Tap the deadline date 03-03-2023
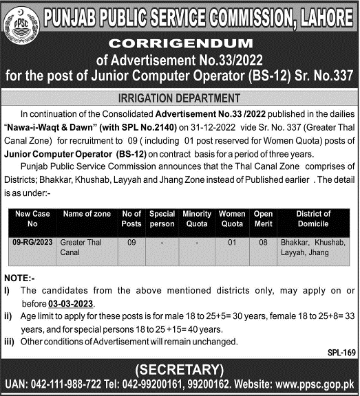(71, 303)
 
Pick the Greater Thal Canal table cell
(80, 247)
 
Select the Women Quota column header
(233, 219)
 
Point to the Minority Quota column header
(197, 219)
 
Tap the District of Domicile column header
(313, 219)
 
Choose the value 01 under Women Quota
(233, 243)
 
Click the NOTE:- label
(19, 279)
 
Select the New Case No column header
(32, 219)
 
